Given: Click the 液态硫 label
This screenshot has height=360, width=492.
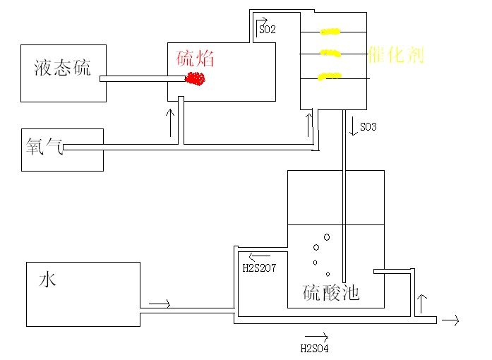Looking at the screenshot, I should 63,68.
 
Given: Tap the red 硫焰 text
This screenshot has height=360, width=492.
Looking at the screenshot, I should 195,59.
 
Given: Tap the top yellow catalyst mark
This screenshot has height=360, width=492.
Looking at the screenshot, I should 330,31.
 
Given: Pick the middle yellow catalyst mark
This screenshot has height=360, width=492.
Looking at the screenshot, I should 330,52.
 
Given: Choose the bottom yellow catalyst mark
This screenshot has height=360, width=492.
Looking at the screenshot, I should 330,76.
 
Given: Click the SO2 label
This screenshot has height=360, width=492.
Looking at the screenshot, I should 267,30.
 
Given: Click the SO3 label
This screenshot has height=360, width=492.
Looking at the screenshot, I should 368,127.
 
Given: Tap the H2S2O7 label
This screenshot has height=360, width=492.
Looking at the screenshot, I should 258,268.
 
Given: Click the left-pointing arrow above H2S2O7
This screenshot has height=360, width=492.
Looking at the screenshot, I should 259,256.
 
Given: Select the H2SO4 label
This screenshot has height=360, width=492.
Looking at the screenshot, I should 315,348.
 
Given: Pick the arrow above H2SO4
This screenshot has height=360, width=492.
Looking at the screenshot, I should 316,337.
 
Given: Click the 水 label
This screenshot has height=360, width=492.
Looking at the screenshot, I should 47,280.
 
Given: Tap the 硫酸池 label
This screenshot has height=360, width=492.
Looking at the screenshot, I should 331,292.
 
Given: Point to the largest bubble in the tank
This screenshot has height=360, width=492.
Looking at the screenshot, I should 326,237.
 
